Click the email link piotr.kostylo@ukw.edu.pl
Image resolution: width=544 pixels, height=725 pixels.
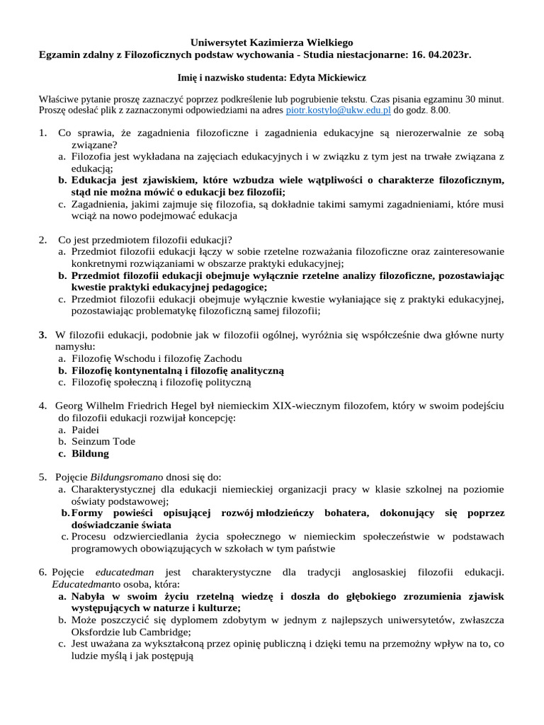pos(338,111)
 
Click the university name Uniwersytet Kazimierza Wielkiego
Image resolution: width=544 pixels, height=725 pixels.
pos(272,43)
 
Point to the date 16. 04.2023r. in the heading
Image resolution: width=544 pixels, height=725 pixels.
pos(441,55)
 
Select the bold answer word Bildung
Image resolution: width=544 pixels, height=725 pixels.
pos(91,454)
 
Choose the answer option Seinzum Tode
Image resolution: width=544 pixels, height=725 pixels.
pos(103,442)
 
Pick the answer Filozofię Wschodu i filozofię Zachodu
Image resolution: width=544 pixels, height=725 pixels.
pos(157,358)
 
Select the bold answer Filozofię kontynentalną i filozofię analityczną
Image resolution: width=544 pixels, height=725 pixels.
pos(177,370)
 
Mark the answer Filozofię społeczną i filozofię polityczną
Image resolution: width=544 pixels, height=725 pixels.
pos(161,382)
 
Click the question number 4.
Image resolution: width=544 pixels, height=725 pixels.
pos(42,406)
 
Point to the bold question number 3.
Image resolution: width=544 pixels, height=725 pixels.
pos(42,334)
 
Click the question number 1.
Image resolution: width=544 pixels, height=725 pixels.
pos(42,132)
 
